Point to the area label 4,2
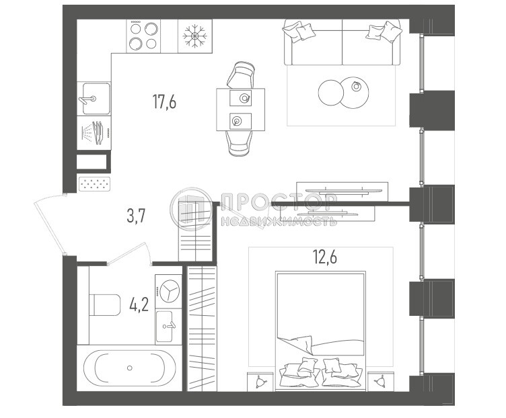pos(139,307)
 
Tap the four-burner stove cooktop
pos(144,35)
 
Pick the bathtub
pos(130,368)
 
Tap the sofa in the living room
pos(343,42)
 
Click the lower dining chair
pos(241,142)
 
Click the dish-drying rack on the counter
pos(94,132)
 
